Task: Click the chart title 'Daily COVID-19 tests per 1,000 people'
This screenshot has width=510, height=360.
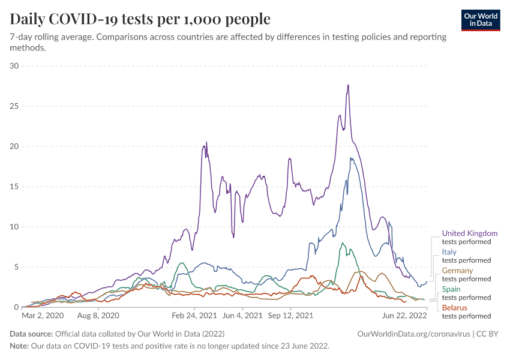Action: pyautogui.click(x=140, y=19)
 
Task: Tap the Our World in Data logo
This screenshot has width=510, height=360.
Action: pyautogui.click(x=481, y=19)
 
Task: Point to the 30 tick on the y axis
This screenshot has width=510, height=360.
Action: pyautogui.click(x=14, y=65)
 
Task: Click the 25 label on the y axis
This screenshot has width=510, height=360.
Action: pyautogui.click(x=14, y=106)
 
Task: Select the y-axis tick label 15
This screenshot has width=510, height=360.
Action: pyautogui.click(x=14, y=187)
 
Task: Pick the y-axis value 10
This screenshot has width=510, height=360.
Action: pyautogui.click(x=14, y=227)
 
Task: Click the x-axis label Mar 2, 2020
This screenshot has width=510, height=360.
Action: pyautogui.click(x=42, y=314)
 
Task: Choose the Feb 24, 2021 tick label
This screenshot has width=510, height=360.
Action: pyautogui.click(x=194, y=314)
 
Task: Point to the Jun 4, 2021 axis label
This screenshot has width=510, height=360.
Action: pyautogui.click(x=242, y=314)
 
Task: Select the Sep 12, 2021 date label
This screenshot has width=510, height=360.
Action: pyautogui.click(x=290, y=314)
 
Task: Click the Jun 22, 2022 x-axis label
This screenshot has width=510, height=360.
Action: pyautogui.click(x=404, y=314)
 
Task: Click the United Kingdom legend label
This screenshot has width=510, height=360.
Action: pyautogui.click(x=469, y=233)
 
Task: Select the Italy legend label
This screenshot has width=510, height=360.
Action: pyautogui.click(x=449, y=252)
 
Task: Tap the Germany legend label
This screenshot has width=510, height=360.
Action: pyautogui.click(x=457, y=271)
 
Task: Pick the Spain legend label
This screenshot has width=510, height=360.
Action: pyautogui.click(x=452, y=289)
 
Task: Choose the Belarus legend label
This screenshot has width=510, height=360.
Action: pyautogui.click(x=454, y=308)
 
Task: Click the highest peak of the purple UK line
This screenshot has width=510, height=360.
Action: pyautogui.click(x=348, y=85)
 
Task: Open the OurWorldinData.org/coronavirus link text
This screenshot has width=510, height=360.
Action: pyautogui.click(x=410, y=334)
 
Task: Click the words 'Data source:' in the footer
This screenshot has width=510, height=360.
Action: pyautogui.click(x=31, y=334)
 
